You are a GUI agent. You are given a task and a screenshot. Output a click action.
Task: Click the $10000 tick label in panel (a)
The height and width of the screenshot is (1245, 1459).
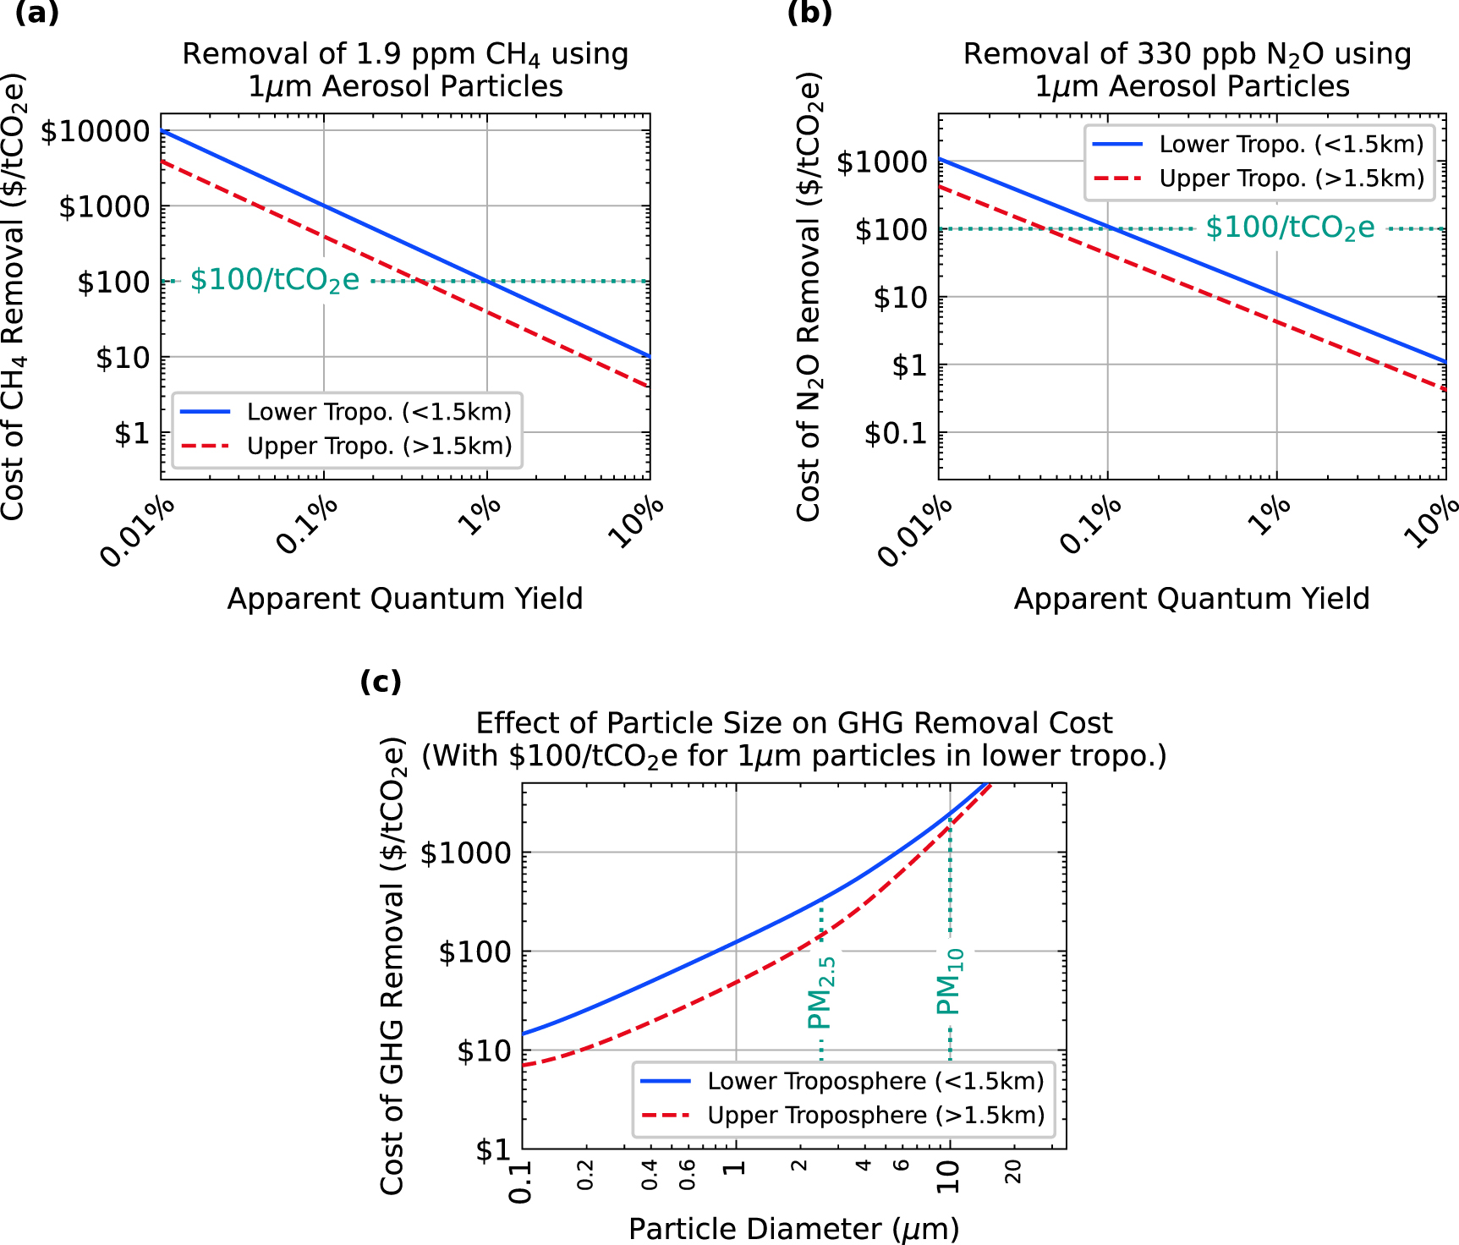click(x=95, y=131)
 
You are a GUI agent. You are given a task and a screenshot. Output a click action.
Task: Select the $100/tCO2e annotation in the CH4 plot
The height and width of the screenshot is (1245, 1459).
click(x=275, y=280)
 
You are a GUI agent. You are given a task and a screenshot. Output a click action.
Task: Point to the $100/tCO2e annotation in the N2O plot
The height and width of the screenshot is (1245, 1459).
click(x=1290, y=228)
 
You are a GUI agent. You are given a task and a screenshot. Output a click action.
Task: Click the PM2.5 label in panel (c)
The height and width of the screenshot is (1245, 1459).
click(x=821, y=992)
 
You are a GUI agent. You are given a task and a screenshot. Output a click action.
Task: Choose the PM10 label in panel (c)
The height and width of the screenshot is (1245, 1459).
click(x=950, y=981)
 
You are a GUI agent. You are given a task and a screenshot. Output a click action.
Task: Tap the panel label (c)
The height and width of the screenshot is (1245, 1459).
click(x=381, y=681)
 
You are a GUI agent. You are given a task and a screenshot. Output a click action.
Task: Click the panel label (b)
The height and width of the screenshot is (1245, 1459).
click(x=809, y=13)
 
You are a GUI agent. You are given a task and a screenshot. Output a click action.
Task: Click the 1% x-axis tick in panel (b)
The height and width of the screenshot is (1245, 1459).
click(x=1270, y=515)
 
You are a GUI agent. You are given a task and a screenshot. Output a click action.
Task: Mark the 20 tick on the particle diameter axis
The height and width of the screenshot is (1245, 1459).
click(x=1012, y=1171)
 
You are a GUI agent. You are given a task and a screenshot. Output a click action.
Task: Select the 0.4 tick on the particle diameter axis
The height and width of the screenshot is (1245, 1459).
click(x=649, y=1175)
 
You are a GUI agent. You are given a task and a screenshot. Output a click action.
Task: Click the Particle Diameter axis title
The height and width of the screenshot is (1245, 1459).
click(x=793, y=1228)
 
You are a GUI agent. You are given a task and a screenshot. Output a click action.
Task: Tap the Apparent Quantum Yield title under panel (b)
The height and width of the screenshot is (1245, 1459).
click(x=1191, y=599)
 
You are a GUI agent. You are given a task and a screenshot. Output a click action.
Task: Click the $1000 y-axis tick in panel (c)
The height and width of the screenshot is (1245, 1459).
click(x=466, y=853)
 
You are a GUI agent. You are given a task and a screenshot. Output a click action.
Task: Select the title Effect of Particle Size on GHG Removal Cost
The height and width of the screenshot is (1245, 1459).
click(x=793, y=723)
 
